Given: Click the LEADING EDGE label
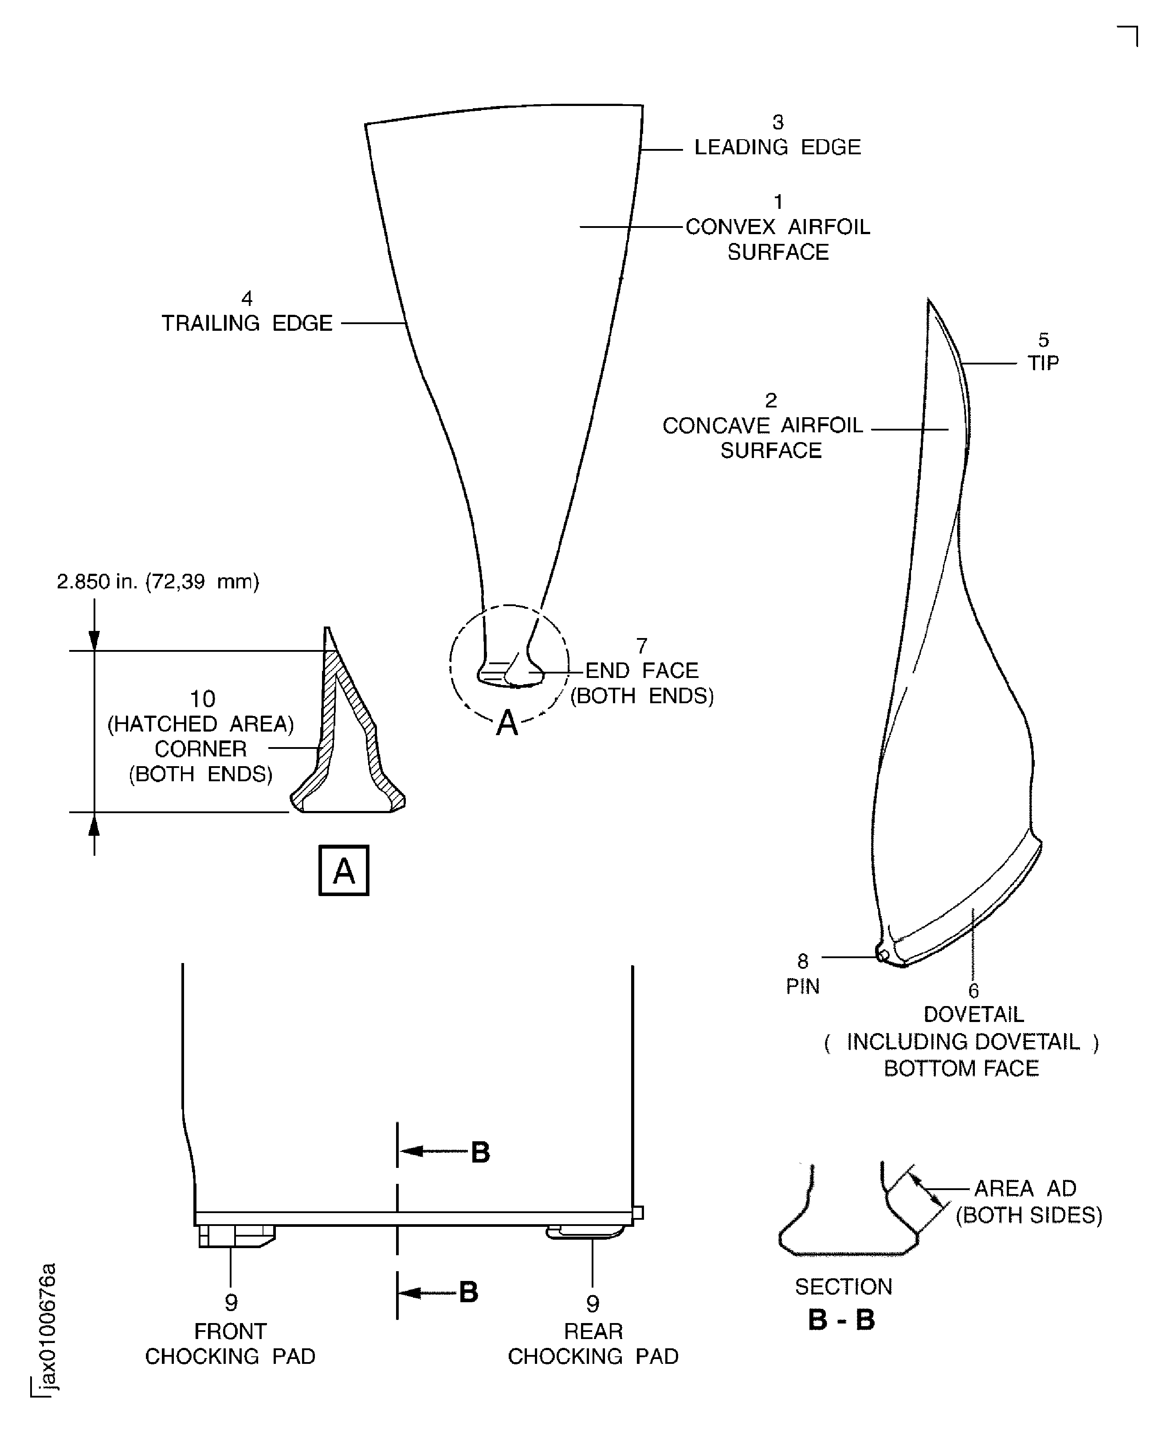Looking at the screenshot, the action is [777, 147].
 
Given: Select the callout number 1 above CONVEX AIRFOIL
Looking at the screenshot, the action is [778, 202].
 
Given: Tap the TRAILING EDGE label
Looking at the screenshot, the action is [247, 323].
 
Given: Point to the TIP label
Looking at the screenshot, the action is [1044, 363].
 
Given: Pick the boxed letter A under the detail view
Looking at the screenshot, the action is [344, 870].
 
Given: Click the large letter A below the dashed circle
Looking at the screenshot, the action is [507, 724].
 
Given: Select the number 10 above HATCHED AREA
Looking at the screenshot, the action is [202, 698].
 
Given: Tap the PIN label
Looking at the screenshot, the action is [803, 987].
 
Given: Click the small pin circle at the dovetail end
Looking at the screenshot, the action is [883, 955].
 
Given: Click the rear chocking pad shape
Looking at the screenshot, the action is [585, 1231].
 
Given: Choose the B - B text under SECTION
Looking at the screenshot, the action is [842, 1319].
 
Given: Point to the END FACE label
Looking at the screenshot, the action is [642, 670].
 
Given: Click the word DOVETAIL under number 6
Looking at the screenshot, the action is [974, 1014].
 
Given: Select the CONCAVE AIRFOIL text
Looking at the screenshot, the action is [763, 425].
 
